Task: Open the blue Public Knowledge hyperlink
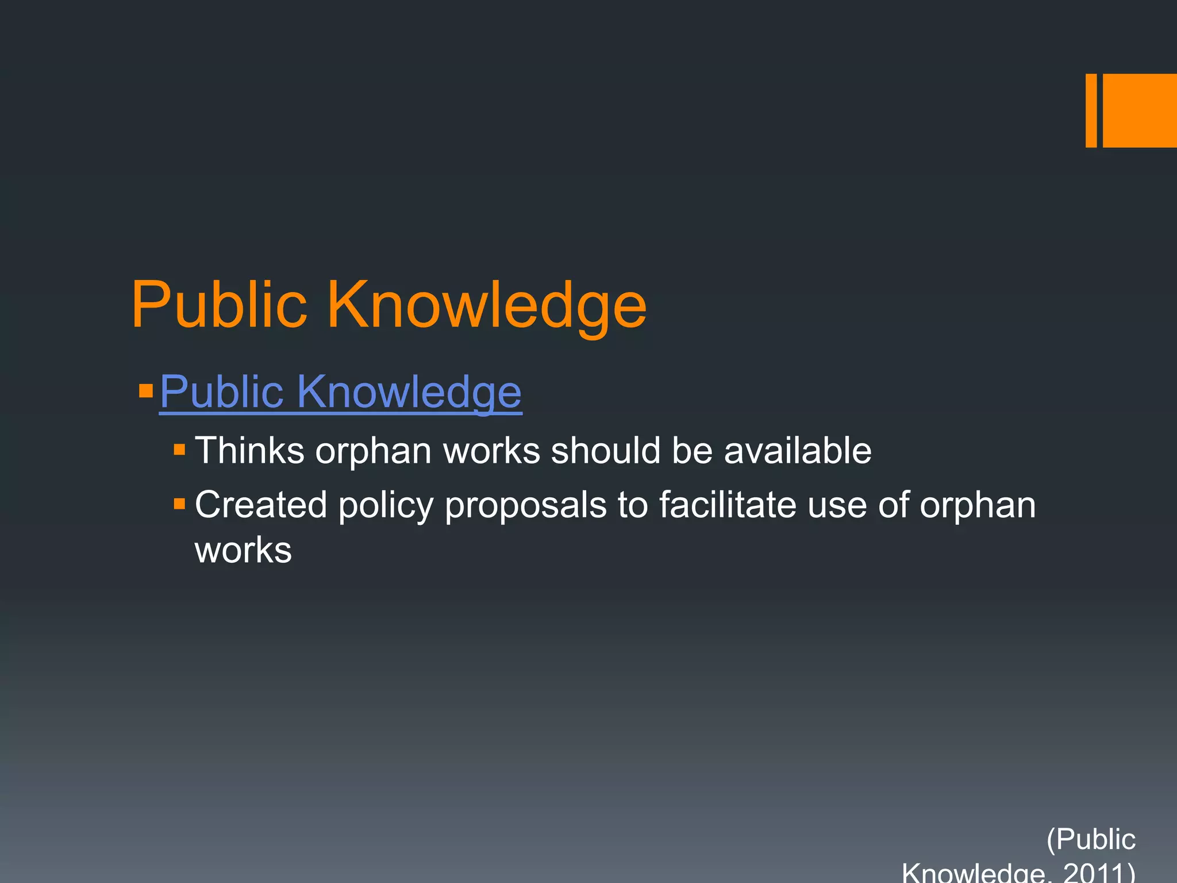pos(340,392)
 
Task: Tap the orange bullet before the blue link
pos(146,391)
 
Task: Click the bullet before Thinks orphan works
pos(179,449)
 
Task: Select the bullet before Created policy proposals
pos(179,504)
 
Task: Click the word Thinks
pos(249,450)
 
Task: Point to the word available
pos(797,450)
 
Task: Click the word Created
pos(261,505)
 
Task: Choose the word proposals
pos(525,506)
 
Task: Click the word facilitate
pos(727,505)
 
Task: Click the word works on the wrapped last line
pos(243,550)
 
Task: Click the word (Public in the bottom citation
pos(1091,839)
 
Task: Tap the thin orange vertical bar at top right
pos(1091,110)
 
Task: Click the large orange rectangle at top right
pos(1140,110)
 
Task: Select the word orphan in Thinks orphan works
pos(373,451)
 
